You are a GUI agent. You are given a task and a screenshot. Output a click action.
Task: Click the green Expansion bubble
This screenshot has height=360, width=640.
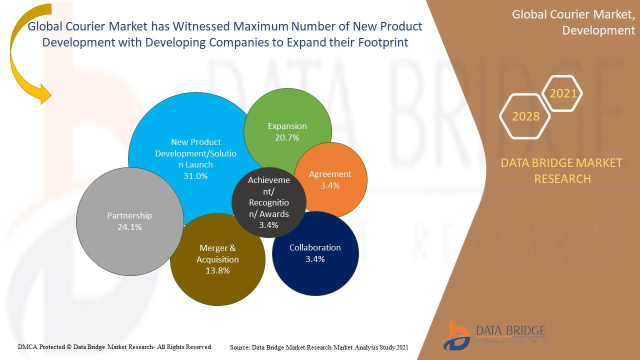287,131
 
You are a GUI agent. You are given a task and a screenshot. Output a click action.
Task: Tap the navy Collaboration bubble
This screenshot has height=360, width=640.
315,253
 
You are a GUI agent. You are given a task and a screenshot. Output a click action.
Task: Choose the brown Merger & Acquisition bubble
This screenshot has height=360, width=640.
217,260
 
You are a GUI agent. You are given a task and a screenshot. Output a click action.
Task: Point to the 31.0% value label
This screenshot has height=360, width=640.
195,176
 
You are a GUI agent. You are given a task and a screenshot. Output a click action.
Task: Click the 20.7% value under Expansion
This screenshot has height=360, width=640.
287,137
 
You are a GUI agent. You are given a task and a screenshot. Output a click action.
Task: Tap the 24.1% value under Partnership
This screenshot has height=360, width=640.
129,227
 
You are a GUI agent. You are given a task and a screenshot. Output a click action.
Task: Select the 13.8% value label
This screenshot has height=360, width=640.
217,271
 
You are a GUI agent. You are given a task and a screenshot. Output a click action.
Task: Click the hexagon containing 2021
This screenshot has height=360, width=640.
563,93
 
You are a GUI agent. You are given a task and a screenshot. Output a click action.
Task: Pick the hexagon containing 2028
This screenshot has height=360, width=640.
525,116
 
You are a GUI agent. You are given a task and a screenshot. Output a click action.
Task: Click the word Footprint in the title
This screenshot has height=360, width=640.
383,42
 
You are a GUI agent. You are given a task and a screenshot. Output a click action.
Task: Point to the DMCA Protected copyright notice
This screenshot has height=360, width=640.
115,346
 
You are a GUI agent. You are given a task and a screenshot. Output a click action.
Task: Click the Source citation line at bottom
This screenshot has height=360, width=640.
319,347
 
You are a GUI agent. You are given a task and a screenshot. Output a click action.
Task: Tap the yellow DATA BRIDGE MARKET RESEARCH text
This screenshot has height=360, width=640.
562,170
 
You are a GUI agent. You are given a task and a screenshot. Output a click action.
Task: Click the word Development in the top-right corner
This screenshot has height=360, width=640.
598,30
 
